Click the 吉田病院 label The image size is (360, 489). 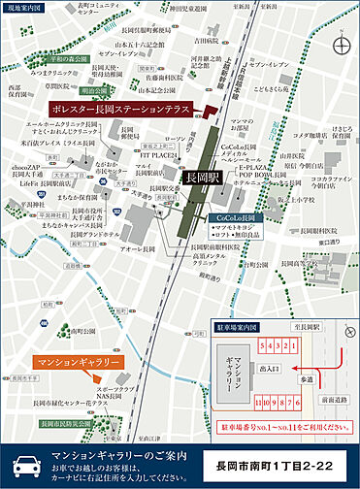[203, 42]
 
